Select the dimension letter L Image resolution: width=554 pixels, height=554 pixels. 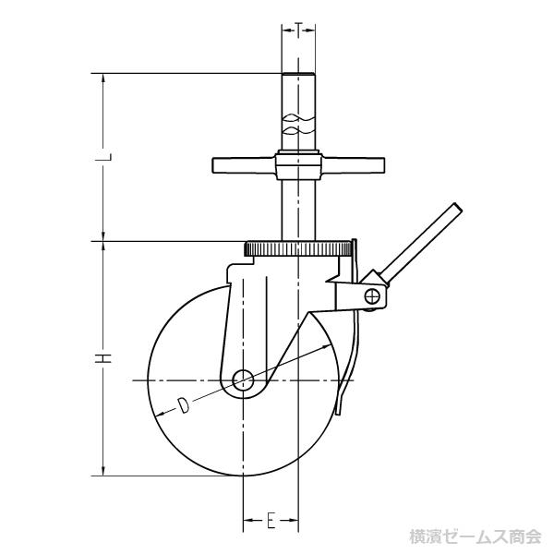pyautogui.click(x=103, y=157)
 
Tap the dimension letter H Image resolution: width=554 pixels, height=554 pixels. pyautogui.click(x=103, y=358)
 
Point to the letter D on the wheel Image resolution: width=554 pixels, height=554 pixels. pyautogui.click(x=182, y=405)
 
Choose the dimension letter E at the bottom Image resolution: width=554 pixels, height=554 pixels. pyautogui.click(x=271, y=521)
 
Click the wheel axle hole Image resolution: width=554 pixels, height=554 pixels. pyautogui.click(x=243, y=380)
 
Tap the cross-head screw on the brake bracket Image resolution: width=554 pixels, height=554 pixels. pyautogui.click(x=372, y=296)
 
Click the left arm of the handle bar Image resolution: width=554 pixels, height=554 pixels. pyautogui.click(x=244, y=165)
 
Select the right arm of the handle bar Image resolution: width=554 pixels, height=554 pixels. pyautogui.click(x=353, y=165)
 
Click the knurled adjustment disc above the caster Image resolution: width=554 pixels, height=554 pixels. pyautogui.click(x=297, y=248)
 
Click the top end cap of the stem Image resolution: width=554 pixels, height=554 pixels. pyautogui.click(x=298, y=74)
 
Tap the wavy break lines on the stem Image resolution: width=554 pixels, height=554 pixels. pyautogui.click(x=298, y=124)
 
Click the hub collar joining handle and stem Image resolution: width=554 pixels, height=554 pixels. pyautogui.click(x=298, y=165)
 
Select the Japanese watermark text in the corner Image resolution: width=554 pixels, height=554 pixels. pyautogui.click(x=476, y=536)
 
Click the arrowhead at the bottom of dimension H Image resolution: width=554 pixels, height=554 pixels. pyautogui.click(x=103, y=471)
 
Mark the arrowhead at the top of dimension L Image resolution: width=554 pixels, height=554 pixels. pyautogui.click(x=103, y=78)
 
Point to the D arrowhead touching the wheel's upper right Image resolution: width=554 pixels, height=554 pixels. pyautogui.click(x=327, y=346)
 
